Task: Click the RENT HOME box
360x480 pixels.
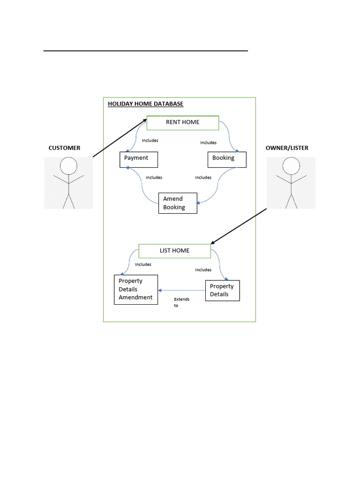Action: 183,123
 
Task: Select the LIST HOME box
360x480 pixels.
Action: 175,251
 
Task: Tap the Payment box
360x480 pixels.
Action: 138,159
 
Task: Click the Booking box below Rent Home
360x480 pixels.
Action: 227,159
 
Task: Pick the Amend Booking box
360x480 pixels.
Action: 178,203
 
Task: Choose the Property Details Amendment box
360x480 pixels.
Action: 136,289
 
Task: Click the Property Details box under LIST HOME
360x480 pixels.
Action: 223,290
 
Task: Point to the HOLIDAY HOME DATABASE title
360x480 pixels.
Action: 145,104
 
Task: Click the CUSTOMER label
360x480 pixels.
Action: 64,148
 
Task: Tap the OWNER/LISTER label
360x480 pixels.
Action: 287,148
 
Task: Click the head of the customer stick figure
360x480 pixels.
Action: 69,165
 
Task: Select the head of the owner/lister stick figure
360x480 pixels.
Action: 291,165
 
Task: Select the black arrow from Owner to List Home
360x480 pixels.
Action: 239,226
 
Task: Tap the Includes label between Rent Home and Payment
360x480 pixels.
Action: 150,140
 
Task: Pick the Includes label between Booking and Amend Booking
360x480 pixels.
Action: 203,178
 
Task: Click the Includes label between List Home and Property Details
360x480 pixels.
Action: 203,270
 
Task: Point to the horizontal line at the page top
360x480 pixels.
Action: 145,51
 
